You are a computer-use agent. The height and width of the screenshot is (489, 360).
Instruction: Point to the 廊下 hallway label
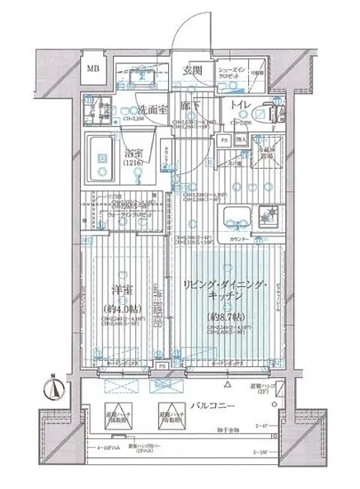tap(180, 105)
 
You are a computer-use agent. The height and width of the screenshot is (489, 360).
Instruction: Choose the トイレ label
tap(241, 105)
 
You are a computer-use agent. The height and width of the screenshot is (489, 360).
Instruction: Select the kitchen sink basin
tap(237, 216)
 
